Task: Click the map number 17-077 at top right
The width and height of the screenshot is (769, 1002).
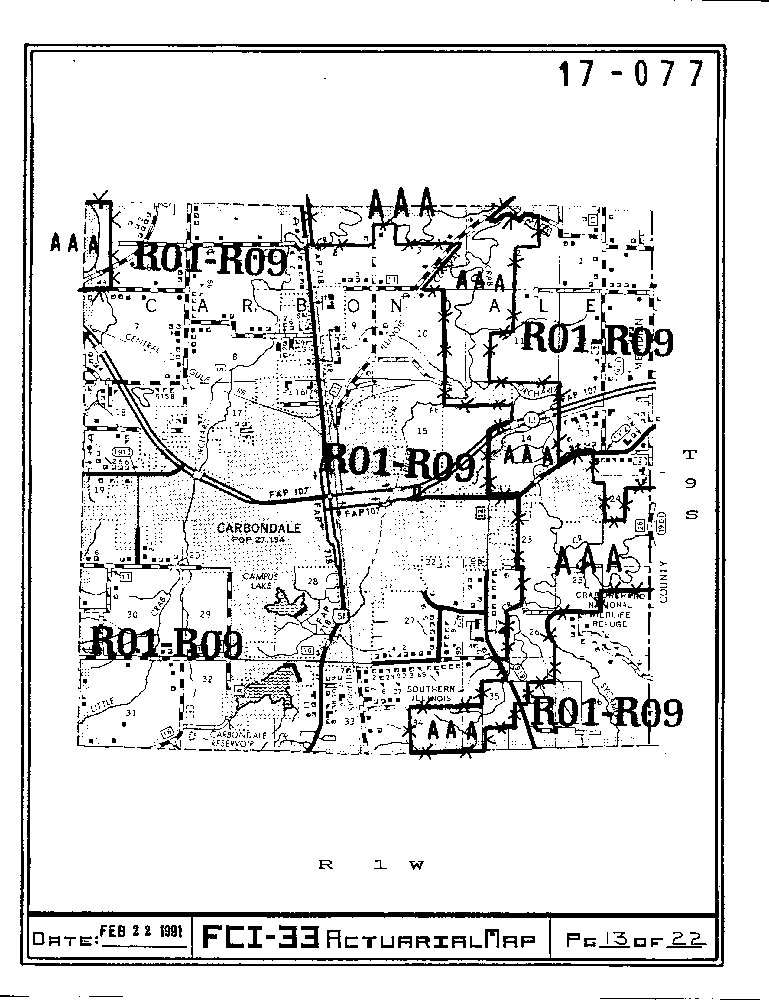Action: point(631,74)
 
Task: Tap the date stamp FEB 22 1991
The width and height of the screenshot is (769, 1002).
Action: point(141,931)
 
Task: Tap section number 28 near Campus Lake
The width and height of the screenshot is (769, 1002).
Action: point(313,581)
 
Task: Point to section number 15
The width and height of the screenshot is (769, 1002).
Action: point(422,431)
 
